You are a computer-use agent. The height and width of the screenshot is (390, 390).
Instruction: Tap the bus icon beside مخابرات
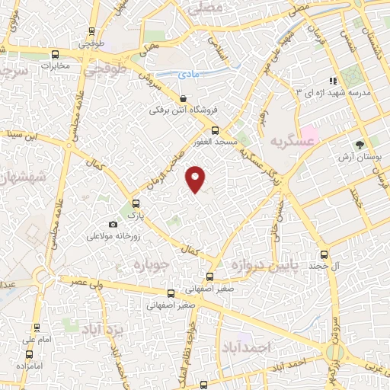point(55,54)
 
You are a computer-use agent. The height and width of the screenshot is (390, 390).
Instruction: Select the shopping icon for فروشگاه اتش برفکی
point(184,99)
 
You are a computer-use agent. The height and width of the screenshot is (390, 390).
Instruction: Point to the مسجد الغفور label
point(215,142)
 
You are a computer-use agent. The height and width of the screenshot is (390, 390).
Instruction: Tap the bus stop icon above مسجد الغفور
point(215,131)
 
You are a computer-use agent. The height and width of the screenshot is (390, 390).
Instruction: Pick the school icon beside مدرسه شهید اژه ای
point(333,81)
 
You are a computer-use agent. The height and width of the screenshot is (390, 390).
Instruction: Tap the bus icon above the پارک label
point(136,203)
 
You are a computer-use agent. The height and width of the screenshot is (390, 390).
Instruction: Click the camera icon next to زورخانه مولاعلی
point(113,225)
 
